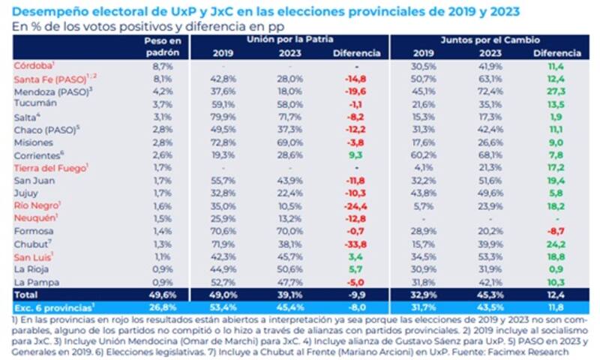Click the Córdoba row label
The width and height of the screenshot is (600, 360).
pyautogui.click(x=30, y=66)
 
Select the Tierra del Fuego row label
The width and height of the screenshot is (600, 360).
pyautogui.click(x=44, y=168)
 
